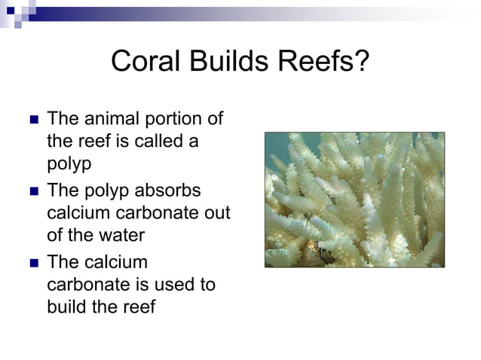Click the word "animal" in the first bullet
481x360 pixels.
tap(110, 119)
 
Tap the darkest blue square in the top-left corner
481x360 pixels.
tap(9, 9)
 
